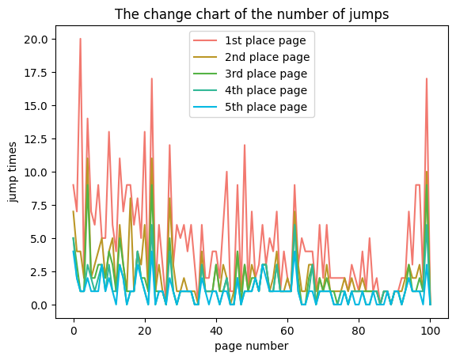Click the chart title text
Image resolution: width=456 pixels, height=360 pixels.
251,14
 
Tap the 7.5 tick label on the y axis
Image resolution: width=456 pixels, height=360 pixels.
40,206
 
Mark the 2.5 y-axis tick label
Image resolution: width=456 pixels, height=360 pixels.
40,272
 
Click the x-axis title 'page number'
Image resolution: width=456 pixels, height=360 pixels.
252,346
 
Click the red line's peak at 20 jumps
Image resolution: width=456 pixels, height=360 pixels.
80,40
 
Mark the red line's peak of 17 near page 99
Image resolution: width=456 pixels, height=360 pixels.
427,79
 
